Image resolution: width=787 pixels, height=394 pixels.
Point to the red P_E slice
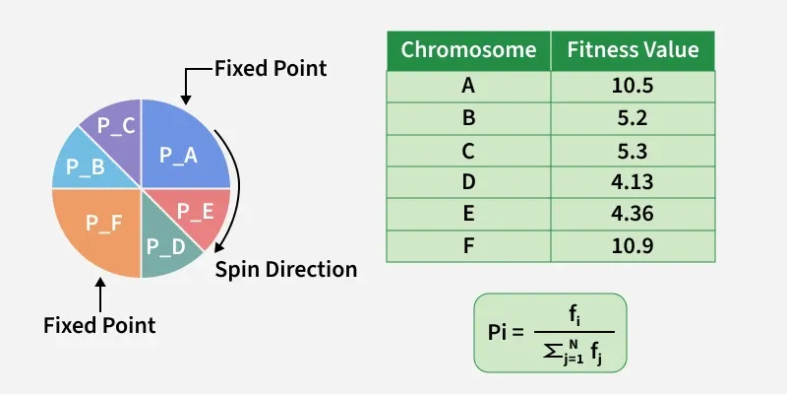(x=197, y=210)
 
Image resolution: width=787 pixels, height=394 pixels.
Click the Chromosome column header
(x=468, y=50)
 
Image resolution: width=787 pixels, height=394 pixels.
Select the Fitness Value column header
(x=633, y=50)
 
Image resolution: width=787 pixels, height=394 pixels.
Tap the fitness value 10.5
(x=633, y=86)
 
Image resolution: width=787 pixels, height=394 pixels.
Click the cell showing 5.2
(x=633, y=117)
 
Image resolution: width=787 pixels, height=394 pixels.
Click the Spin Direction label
(x=286, y=269)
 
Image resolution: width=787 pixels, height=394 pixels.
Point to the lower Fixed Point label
(x=99, y=324)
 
